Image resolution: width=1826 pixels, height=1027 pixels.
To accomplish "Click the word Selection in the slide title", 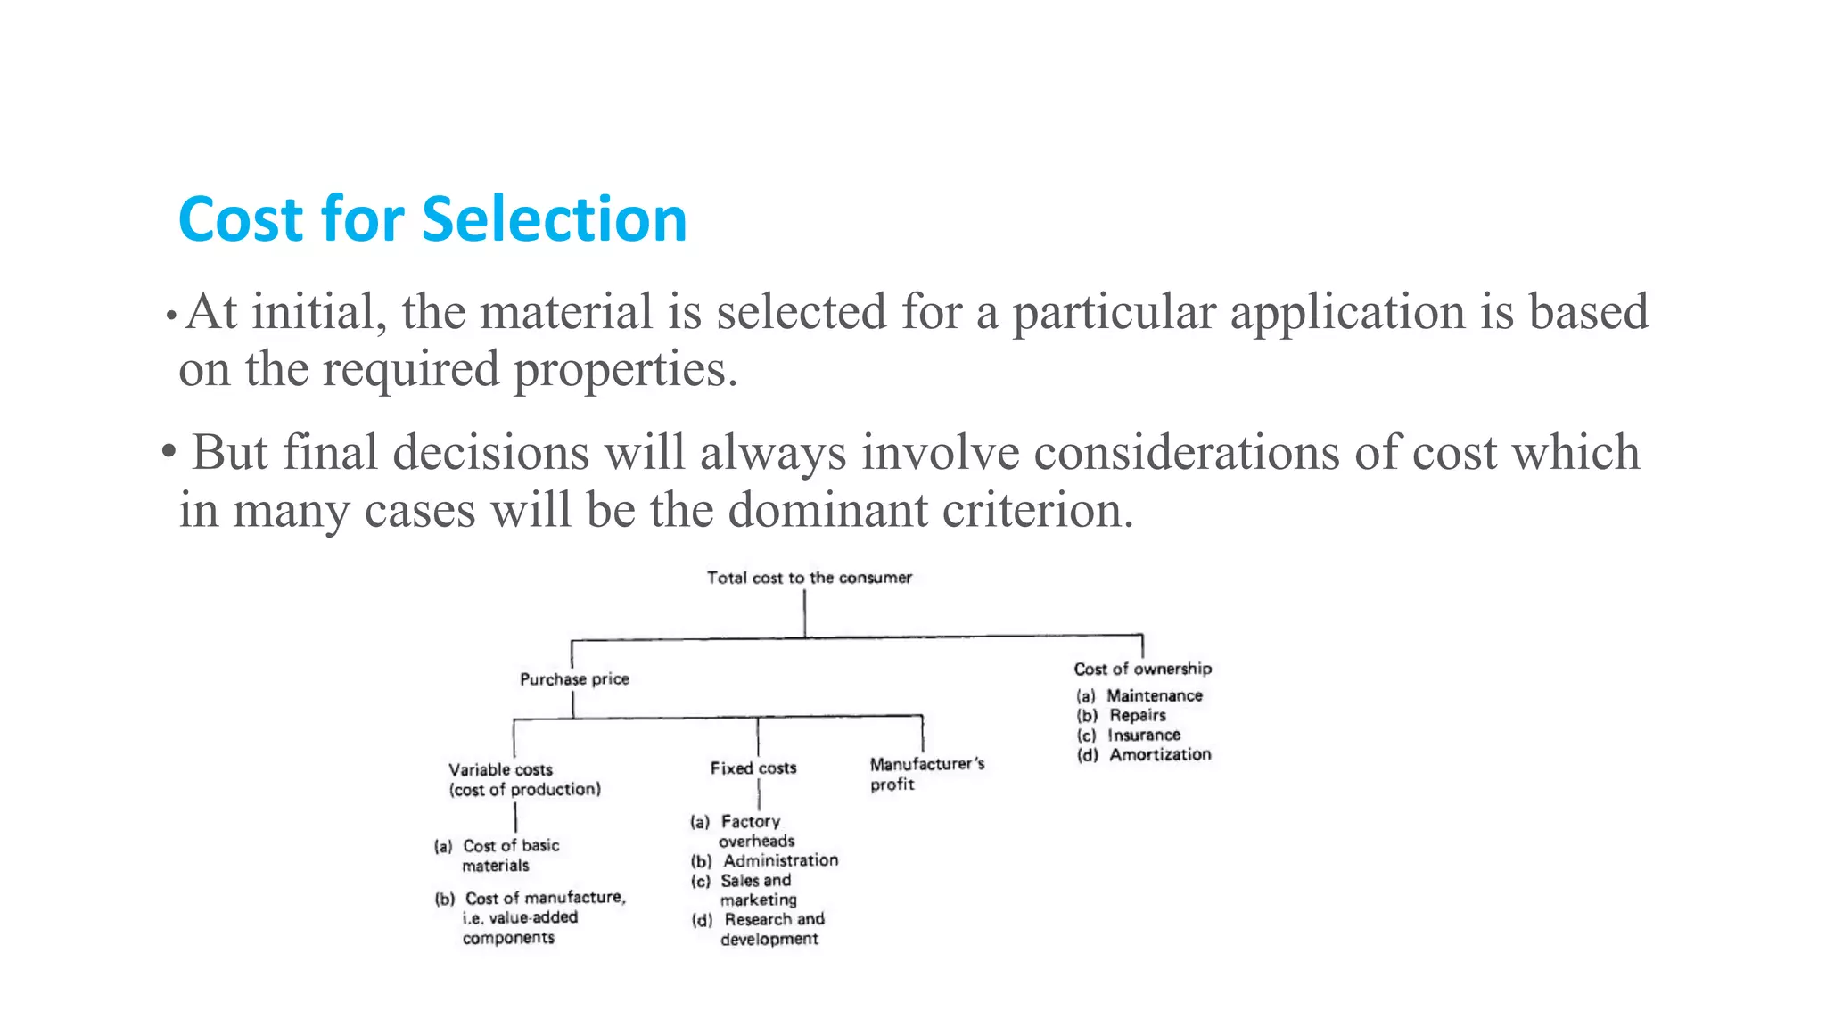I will click(x=554, y=219).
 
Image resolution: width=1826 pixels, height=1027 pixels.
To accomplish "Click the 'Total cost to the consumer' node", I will click(x=809, y=578).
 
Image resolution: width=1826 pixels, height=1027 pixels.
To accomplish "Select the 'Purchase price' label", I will click(x=574, y=679).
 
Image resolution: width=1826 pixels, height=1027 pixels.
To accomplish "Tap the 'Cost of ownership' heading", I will click(x=1142, y=669).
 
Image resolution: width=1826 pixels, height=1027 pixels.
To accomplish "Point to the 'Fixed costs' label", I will click(x=753, y=768).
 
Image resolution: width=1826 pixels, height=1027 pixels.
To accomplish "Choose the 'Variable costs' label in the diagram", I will click(x=500, y=769).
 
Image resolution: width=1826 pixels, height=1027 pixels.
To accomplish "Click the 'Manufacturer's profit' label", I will click(x=926, y=774).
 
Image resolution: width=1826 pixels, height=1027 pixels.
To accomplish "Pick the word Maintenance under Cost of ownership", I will click(x=1154, y=695).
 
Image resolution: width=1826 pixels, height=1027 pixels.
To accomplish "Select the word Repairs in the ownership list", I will click(x=1137, y=715).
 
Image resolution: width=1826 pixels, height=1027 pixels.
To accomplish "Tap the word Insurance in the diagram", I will click(x=1144, y=735).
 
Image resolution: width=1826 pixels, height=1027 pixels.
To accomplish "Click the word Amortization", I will click(x=1159, y=754).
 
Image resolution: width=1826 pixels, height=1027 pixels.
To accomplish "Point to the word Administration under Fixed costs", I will click(x=780, y=860).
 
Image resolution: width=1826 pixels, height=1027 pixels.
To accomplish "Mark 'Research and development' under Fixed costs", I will click(x=772, y=929).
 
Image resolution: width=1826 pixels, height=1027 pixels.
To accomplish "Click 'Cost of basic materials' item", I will click(x=510, y=855).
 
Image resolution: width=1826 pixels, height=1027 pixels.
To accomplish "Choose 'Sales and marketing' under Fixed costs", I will click(x=756, y=890).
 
